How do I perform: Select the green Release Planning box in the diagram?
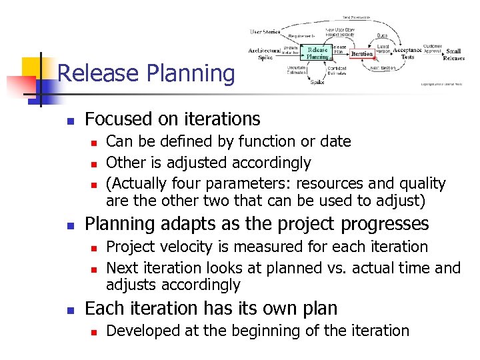point(317,53)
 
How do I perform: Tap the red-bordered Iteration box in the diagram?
point(362,54)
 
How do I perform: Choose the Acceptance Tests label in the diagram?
point(407,53)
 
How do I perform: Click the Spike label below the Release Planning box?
point(317,82)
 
